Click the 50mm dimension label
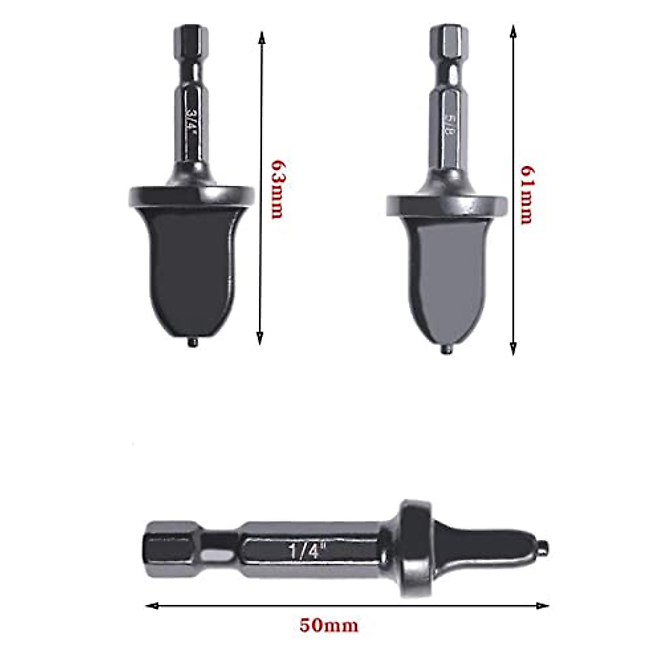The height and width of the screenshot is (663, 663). pos(329,625)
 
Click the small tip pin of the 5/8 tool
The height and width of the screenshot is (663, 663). pos(446,350)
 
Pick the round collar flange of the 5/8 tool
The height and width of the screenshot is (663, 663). pos(446,204)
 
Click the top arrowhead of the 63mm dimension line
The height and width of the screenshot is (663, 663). pos(261,36)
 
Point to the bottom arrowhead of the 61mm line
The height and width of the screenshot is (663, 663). pos(513,349)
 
